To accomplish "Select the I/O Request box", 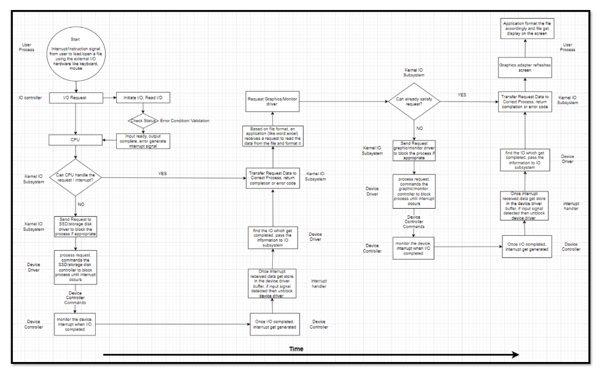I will pyautogui.click(x=76, y=98).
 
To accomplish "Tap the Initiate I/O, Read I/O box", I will pyautogui.click(x=144, y=98).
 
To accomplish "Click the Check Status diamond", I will pyautogui.click(x=144, y=120).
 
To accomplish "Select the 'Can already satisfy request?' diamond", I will pyautogui.click(x=414, y=102).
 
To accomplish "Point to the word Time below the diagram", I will pyautogui.click(x=297, y=349).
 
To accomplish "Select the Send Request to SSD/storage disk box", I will pyautogui.click(x=76, y=226).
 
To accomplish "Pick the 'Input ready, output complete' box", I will pyautogui.click(x=144, y=142).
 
